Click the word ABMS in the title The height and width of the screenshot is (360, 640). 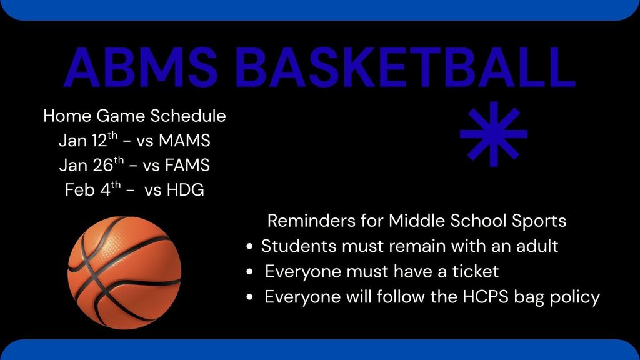[140, 67]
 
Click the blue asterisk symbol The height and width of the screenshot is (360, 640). [494, 134]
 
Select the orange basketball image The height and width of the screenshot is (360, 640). [124, 272]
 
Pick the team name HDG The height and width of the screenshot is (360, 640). [185, 190]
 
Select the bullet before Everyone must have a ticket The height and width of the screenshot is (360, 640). [250, 272]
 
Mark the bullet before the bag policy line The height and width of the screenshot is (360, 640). [250, 298]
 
